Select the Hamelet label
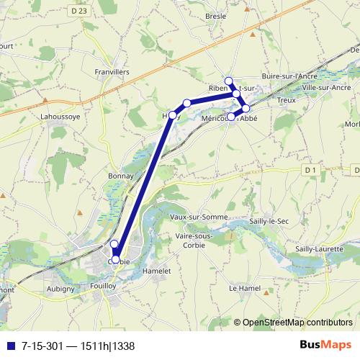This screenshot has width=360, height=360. click(157, 270)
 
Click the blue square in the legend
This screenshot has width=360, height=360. click(11, 345)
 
